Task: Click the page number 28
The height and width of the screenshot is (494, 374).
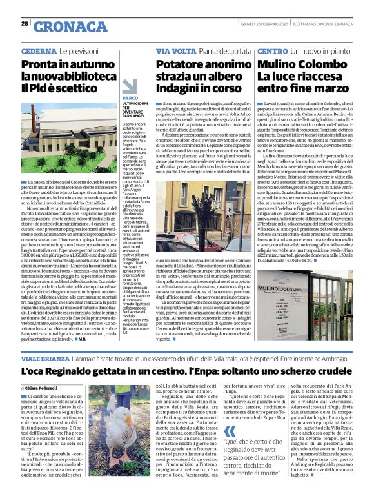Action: (25, 23)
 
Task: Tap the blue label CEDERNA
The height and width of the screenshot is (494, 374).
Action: (38, 50)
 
